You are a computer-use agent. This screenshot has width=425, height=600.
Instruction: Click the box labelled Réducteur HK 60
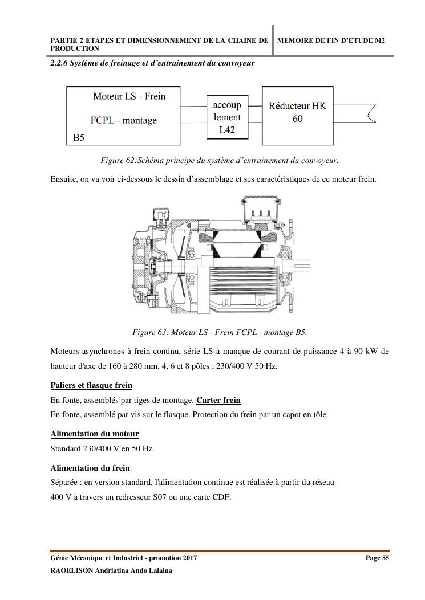(x=297, y=115)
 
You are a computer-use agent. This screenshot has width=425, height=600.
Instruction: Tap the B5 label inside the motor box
(x=79, y=138)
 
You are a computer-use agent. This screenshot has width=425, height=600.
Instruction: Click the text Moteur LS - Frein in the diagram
(x=129, y=96)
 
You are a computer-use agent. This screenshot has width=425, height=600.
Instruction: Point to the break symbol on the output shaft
(x=373, y=114)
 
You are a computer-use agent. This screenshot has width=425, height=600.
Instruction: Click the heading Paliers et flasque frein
(x=91, y=385)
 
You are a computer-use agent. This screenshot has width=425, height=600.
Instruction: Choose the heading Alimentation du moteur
(x=95, y=434)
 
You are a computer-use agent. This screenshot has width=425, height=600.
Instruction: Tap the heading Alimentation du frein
(x=90, y=468)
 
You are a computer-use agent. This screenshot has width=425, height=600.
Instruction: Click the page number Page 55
(x=377, y=558)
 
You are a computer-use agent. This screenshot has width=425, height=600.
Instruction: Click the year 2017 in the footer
(x=188, y=558)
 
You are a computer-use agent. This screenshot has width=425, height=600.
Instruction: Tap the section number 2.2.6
(x=59, y=63)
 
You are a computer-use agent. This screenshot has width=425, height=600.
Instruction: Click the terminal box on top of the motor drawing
(x=261, y=211)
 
